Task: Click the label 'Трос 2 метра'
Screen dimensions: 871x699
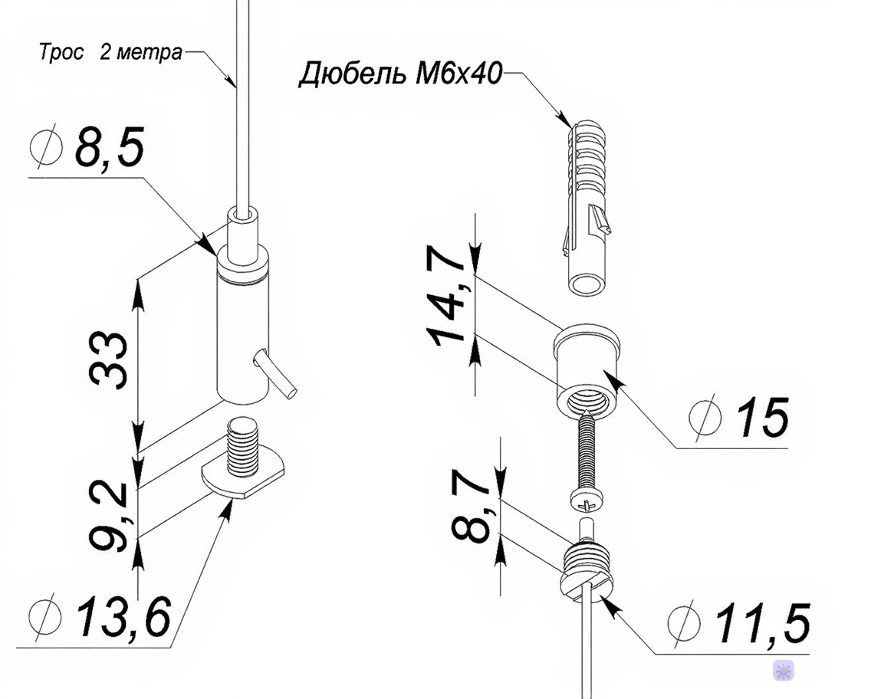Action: click(x=110, y=53)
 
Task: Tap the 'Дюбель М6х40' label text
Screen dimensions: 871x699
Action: click(x=400, y=74)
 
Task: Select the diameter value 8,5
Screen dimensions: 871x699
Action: click(x=110, y=148)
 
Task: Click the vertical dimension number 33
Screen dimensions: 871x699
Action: click(x=108, y=359)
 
